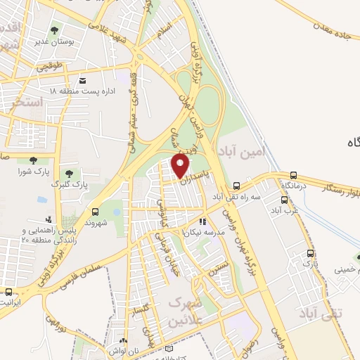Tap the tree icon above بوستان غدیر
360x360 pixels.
[55, 30]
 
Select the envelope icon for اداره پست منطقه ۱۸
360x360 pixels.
[82, 80]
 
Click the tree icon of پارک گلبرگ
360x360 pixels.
[68, 173]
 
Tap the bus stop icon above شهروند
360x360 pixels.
[95, 211]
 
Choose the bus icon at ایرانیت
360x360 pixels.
[8, 292]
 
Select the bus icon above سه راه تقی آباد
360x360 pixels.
[236, 186]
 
